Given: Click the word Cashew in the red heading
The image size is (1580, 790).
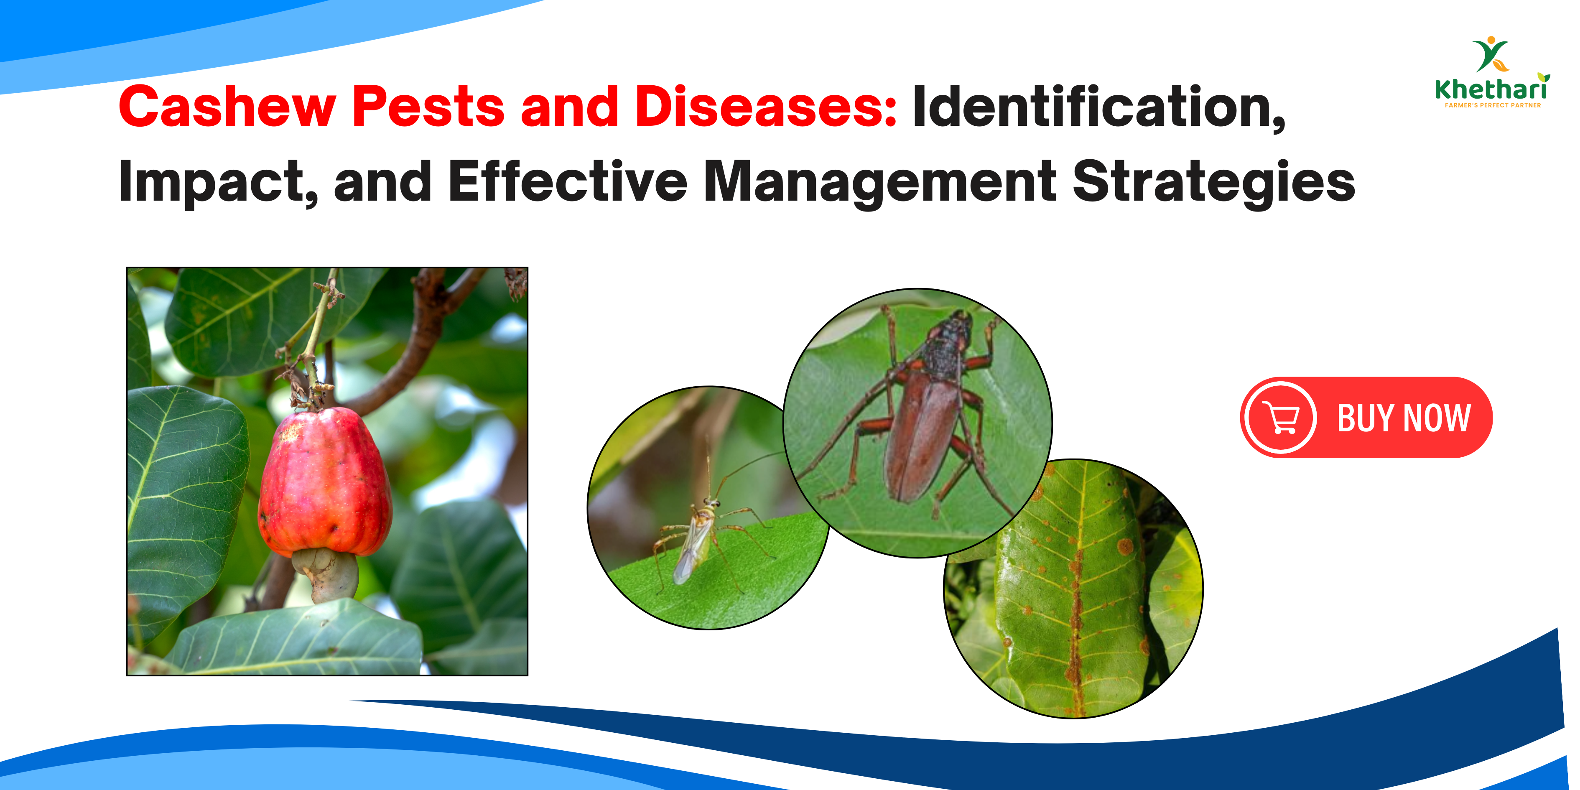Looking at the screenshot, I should [227, 107].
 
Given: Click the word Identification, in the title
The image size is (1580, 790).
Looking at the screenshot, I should [1098, 107].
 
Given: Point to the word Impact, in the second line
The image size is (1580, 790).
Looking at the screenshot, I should [218, 182].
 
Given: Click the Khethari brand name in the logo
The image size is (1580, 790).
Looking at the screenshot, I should [1491, 89].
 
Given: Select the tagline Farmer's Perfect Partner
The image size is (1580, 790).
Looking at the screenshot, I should [1492, 105].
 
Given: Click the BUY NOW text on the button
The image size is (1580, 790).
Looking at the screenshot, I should [1403, 418].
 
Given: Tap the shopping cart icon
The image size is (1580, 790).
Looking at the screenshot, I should [1282, 418].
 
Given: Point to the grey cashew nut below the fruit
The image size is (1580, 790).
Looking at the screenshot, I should [328, 573].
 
